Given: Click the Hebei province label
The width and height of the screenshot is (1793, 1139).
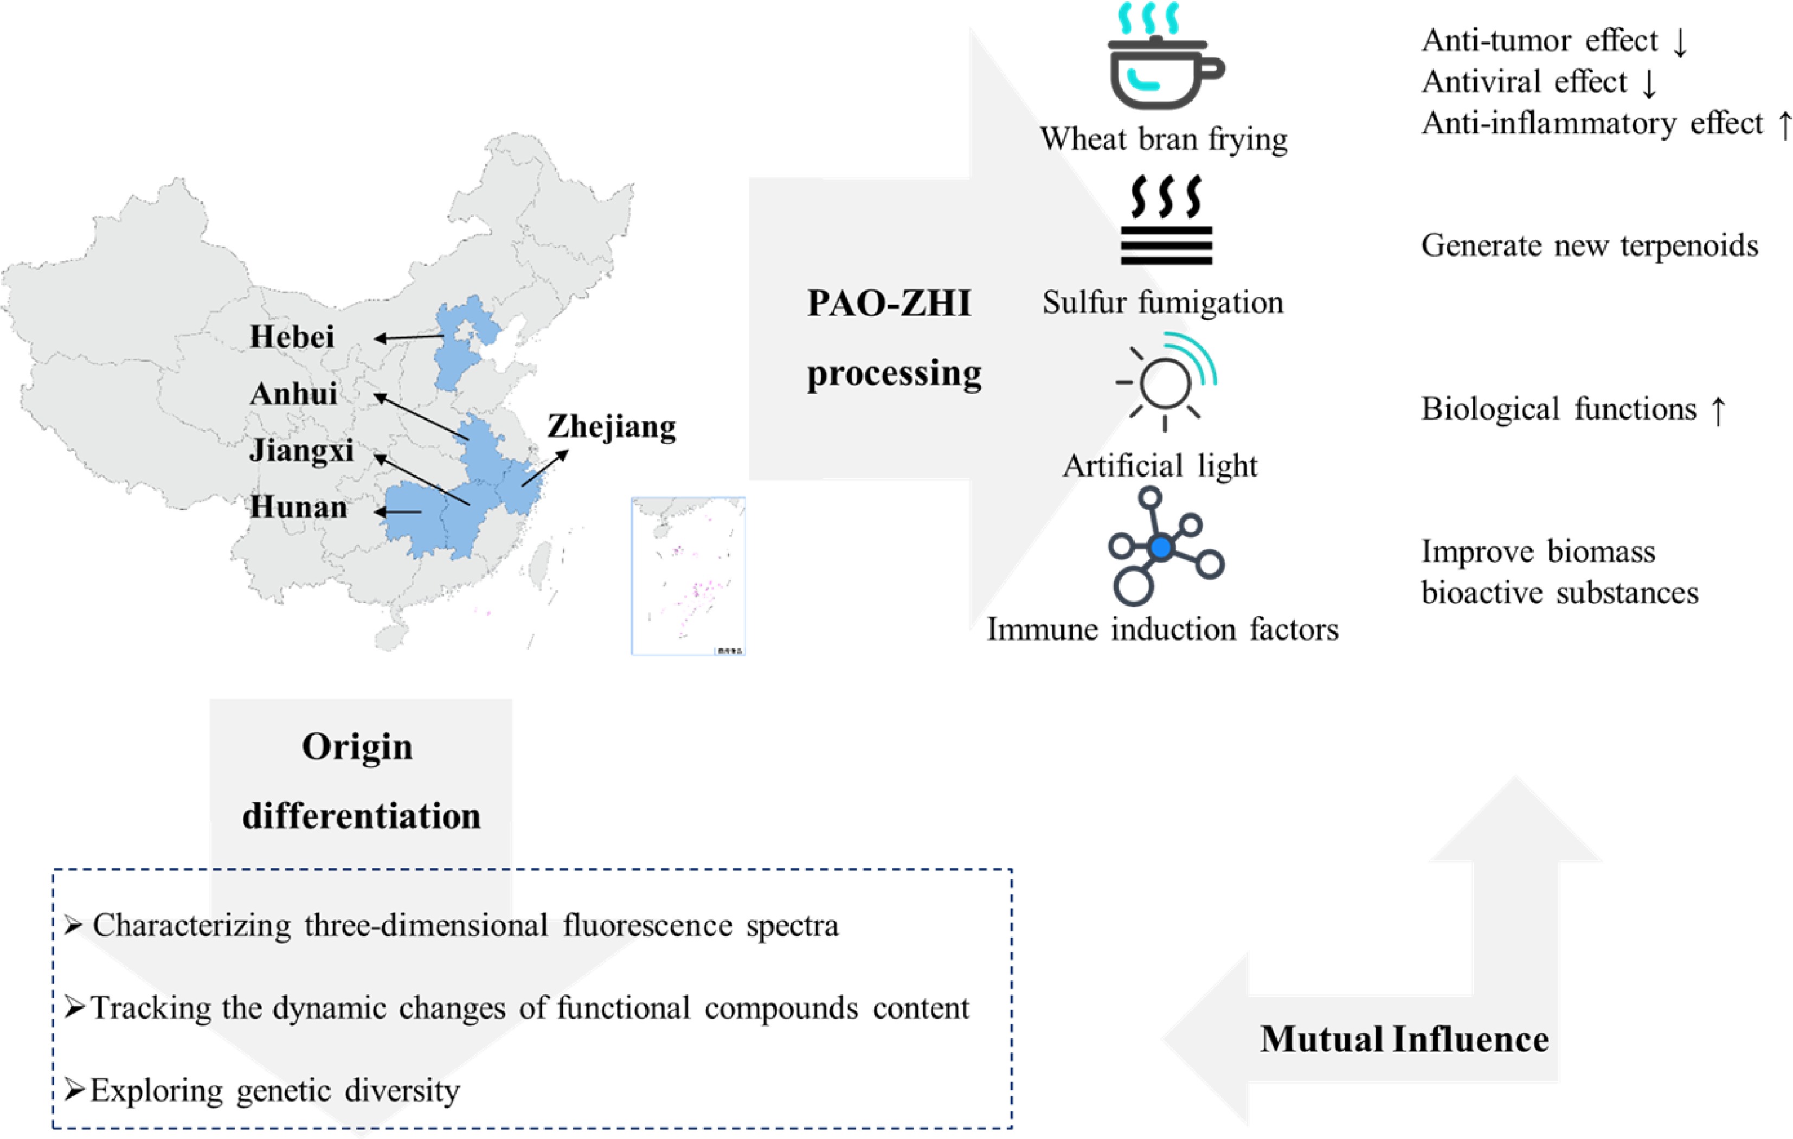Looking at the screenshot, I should pos(292,337).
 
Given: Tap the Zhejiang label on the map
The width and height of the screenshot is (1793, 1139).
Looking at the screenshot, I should pos(612,427).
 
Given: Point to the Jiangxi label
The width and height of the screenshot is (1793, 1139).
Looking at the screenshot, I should pos(301,451).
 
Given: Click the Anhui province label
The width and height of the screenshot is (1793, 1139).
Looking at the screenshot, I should pos(293,393).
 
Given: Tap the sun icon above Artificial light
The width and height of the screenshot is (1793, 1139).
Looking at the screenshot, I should pos(1165,383).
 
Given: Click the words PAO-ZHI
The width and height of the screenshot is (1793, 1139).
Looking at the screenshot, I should pos(888,304).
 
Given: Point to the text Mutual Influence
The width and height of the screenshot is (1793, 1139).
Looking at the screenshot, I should pos(1404,1039).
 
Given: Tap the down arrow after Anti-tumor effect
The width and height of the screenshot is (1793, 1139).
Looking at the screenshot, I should pos(1680,42).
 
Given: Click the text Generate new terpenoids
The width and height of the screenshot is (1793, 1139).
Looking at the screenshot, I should pos(1589,246).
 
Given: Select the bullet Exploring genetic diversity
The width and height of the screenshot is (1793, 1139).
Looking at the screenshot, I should pos(274,1091).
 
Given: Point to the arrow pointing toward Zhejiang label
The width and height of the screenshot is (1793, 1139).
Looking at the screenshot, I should pos(545,468).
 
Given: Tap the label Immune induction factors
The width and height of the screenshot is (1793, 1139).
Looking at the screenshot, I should pos(1161,630).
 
